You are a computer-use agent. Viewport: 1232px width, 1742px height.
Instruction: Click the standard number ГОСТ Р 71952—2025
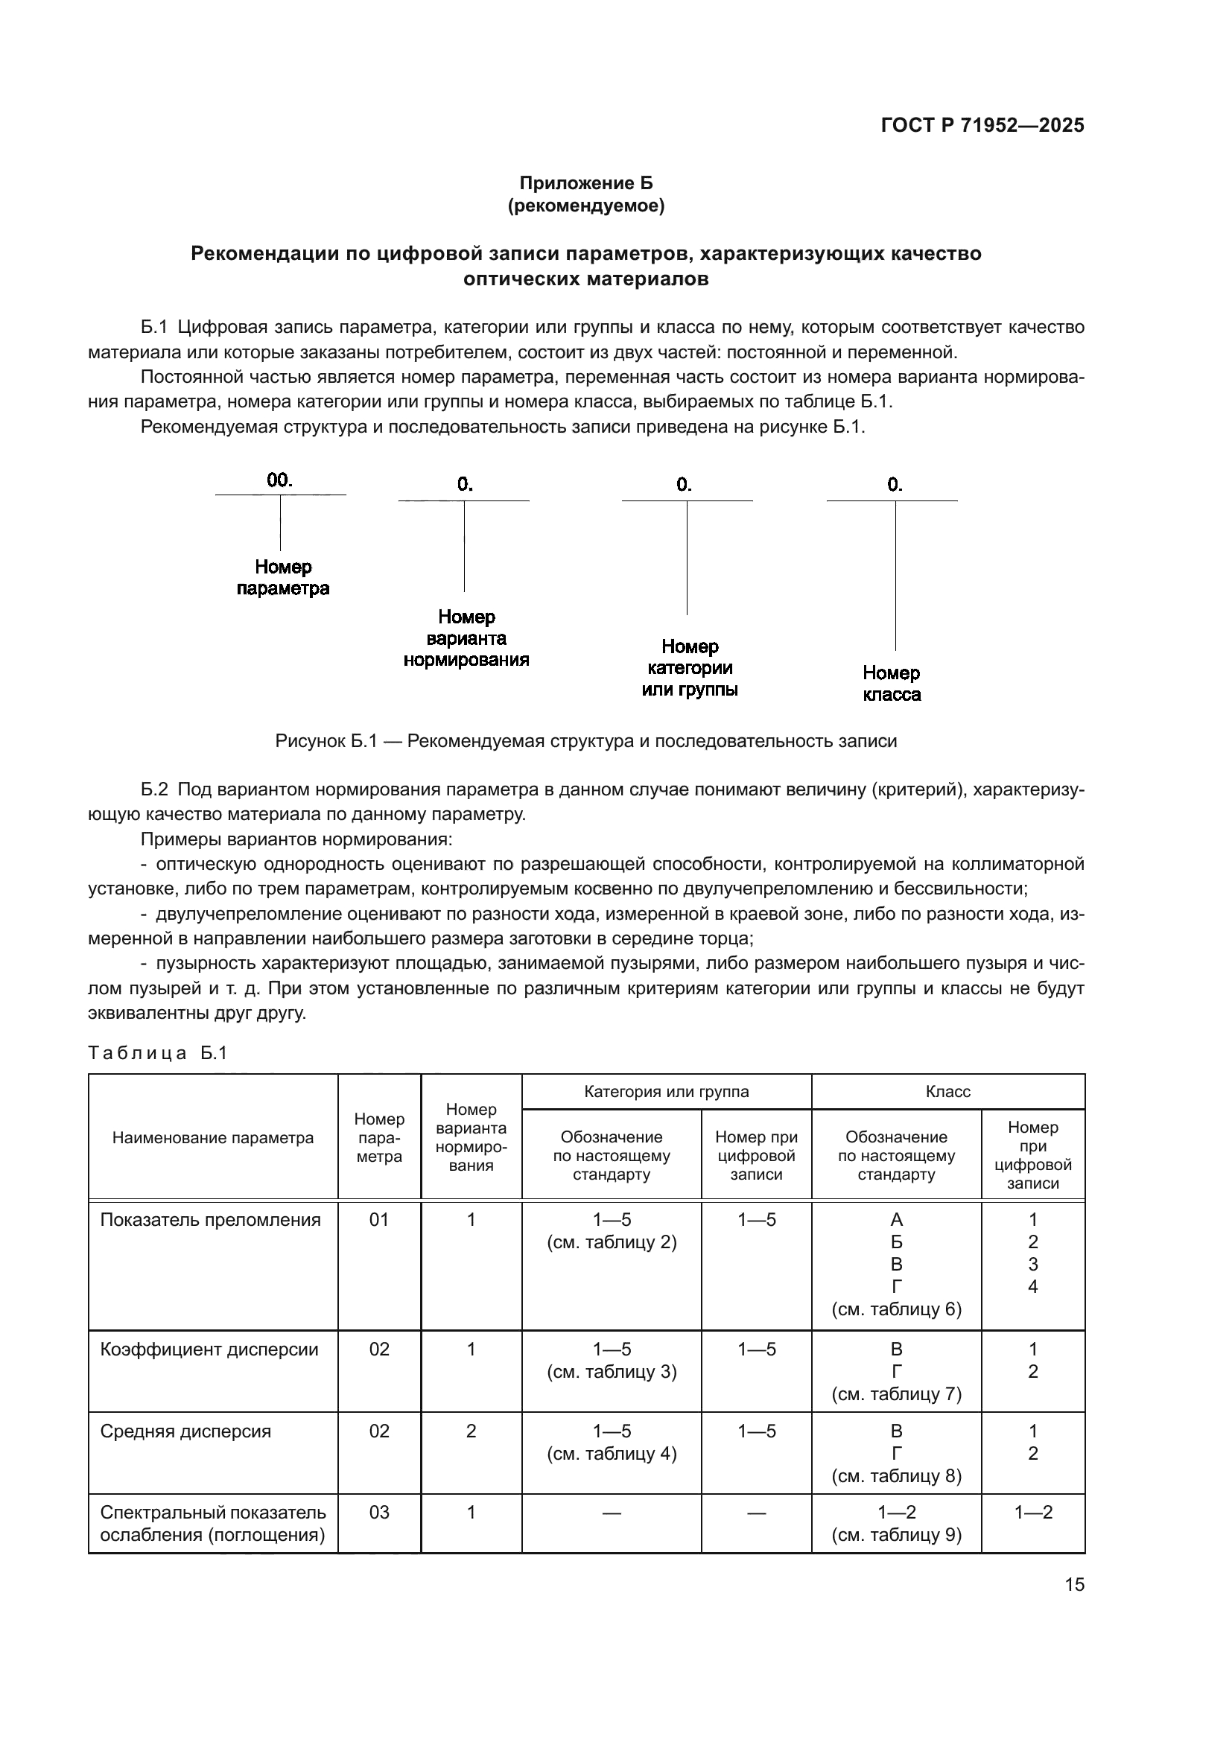(982, 126)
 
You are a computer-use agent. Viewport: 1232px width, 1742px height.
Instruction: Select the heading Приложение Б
(585, 184)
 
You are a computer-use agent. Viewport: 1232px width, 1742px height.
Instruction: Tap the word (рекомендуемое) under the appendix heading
(585, 206)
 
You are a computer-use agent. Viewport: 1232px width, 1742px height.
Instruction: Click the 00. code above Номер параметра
(280, 480)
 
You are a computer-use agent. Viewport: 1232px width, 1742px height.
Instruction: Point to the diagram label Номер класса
(892, 684)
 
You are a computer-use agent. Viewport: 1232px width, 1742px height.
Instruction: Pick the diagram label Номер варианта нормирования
(466, 638)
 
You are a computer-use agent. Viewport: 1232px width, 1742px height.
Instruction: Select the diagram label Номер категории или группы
(690, 667)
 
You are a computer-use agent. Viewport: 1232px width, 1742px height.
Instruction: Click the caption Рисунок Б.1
(585, 741)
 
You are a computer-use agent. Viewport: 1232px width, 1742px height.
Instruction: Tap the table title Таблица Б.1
(158, 1053)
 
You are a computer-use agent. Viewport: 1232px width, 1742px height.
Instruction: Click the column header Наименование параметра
(213, 1138)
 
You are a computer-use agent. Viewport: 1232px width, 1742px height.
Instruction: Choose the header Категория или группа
(666, 1092)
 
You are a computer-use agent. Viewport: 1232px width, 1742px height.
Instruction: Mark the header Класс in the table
(947, 1092)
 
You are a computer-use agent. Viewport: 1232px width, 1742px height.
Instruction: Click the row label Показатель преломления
(210, 1220)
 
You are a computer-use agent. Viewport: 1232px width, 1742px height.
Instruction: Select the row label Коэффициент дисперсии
(209, 1349)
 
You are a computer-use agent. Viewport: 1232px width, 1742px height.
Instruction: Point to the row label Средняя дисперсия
(186, 1431)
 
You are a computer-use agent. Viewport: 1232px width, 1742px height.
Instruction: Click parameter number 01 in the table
(379, 1220)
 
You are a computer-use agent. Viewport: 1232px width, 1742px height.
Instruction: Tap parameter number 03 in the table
(379, 1512)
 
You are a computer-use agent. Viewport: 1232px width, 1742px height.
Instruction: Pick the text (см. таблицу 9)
(897, 1535)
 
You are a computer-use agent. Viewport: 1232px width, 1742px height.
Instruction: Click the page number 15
(1074, 1585)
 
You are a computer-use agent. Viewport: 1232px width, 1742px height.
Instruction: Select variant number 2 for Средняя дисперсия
(471, 1431)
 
